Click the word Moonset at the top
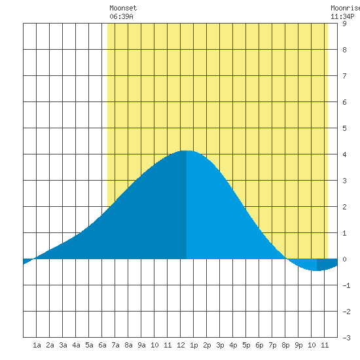(x=123, y=8)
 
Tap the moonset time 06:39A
(x=121, y=16)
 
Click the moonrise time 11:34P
(x=342, y=16)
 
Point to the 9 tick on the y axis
(x=344, y=24)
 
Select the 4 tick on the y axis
(x=344, y=154)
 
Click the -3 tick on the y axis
(x=346, y=338)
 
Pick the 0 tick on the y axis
(x=344, y=259)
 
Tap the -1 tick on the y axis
(x=346, y=285)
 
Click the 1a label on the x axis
(x=37, y=345)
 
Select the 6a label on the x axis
(x=102, y=345)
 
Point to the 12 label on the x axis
(x=181, y=345)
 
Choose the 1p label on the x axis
(x=194, y=345)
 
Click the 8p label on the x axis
(x=285, y=345)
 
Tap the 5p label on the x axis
(x=246, y=345)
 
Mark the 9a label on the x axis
(x=141, y=345)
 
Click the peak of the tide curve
(x=187, y=151)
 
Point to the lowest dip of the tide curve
(x=317, y=271)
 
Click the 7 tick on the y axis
(x=344, y=76)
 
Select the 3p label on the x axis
(x=220, y=345)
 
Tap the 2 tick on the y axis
(x=344, y=207)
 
